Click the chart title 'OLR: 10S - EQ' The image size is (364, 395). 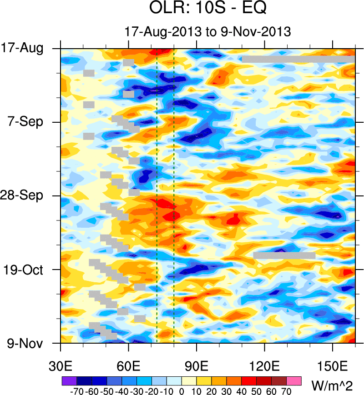(207, 9)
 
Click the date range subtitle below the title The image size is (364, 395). (207, 31)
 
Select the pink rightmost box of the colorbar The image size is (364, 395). (294, 380)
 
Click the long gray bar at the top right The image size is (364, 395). (298, 59)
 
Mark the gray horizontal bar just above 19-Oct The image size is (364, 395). (284, 255)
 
